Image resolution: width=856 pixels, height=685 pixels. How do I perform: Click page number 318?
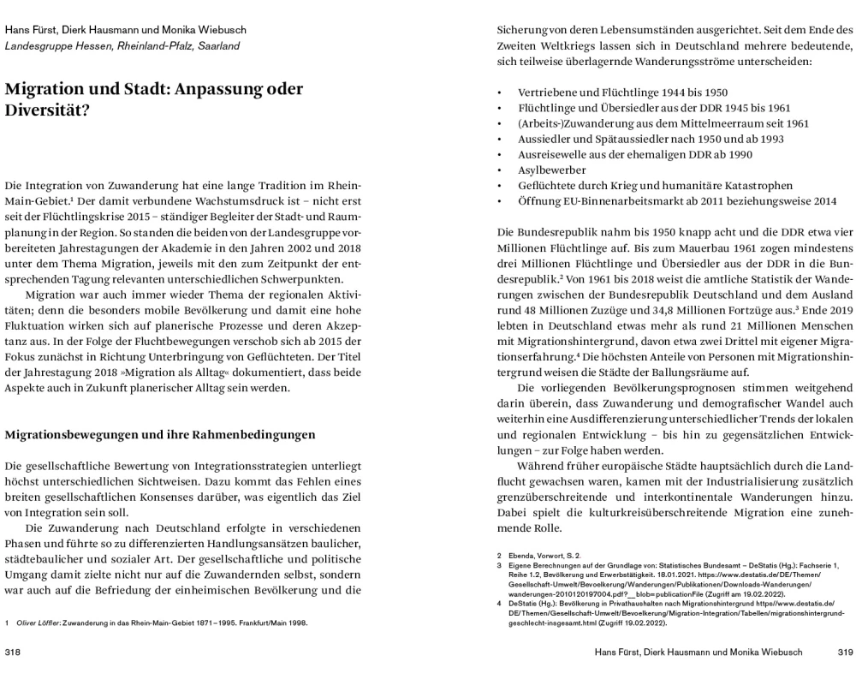click(13, 652)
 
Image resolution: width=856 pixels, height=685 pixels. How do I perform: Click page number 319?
click(843, 652)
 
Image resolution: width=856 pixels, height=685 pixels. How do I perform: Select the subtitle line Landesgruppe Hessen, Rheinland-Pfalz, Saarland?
click(122, 45)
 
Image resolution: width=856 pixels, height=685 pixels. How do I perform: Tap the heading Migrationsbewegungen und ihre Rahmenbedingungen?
click(161, 434)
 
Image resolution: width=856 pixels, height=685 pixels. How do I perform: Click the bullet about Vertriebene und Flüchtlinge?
click(610, 92)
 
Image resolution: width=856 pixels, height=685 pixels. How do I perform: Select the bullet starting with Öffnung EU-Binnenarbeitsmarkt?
click(677, 201)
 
